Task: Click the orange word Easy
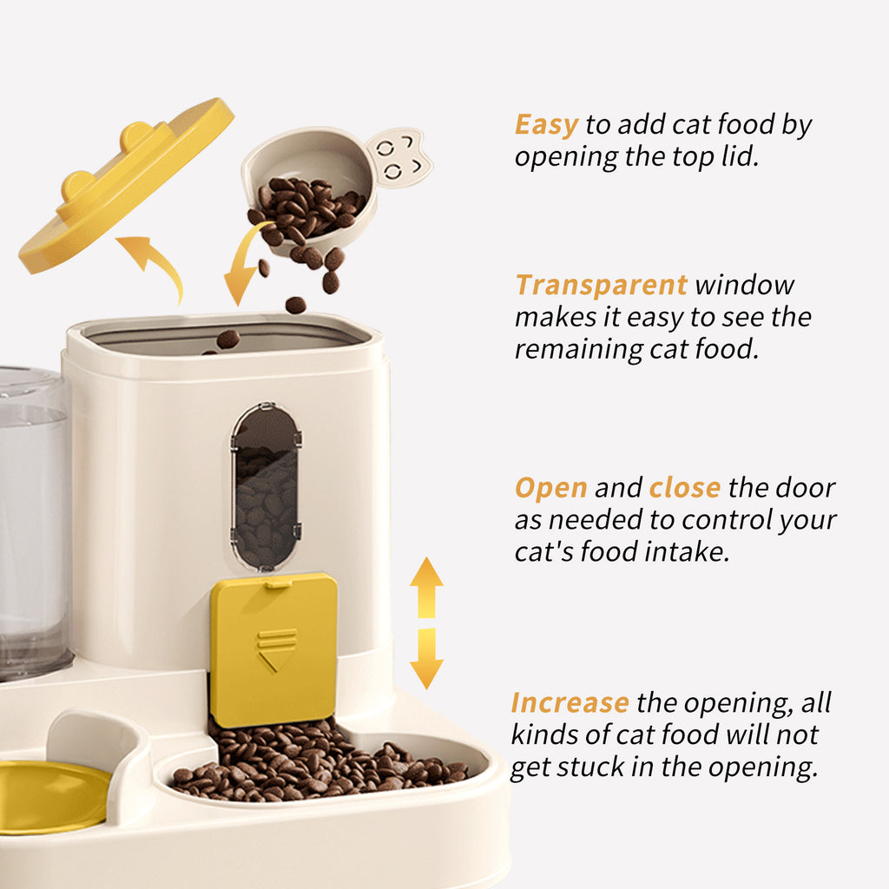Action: click(x=546, y=125)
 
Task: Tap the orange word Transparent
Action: click(x=601, y=285)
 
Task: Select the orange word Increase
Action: click(x=570, y=702)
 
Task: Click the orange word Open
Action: click(x=550, y=488)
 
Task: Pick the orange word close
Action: click(x=684, y=488)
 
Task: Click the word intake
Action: click(x=688, y=552)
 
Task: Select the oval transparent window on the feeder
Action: click(x=266, y=485)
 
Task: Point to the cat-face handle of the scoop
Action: click(x=399, y=158)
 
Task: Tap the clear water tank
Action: click(x=32, y=521)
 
